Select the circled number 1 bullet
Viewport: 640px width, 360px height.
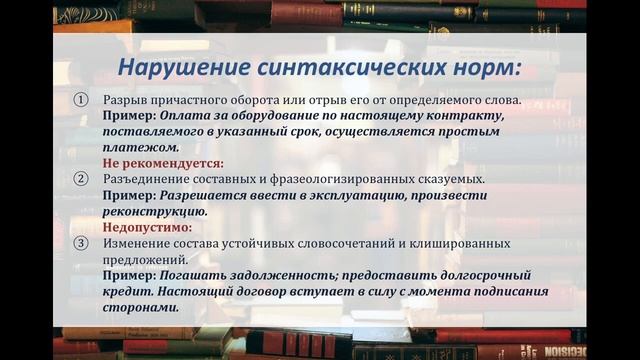82,101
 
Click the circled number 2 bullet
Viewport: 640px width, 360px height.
82,179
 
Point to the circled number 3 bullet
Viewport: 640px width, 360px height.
82,243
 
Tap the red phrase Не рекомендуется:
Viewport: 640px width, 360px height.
163,163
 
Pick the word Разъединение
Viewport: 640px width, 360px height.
149,179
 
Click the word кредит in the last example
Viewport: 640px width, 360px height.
127,291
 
